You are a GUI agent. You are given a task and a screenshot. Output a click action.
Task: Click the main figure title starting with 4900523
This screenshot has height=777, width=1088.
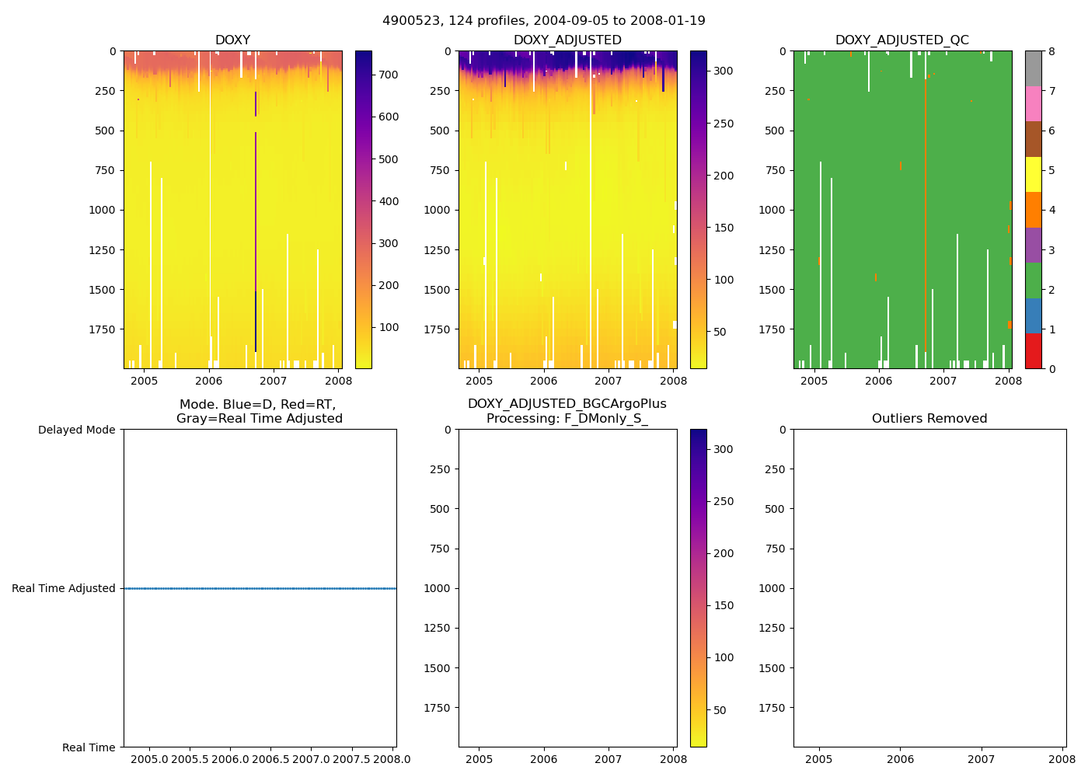(544, 21)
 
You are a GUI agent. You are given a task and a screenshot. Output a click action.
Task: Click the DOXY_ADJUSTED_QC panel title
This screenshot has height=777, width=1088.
(901, 40)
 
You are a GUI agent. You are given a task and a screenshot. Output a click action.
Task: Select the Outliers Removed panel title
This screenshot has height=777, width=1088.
(929, 419)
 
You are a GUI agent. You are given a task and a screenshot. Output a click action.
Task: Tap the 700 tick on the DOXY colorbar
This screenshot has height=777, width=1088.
(388, 75)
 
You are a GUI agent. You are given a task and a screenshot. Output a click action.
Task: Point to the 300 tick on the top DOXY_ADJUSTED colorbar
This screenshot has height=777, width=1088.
(723, 71)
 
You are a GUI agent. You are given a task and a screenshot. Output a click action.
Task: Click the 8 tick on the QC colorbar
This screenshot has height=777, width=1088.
(1051, 51)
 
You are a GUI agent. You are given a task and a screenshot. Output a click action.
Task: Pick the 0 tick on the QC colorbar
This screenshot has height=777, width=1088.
(1051, 369)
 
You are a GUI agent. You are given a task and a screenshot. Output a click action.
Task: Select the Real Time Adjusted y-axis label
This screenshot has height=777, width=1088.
(63, 589)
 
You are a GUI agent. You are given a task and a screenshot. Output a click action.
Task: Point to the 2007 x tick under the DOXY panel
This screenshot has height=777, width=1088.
(273, 381)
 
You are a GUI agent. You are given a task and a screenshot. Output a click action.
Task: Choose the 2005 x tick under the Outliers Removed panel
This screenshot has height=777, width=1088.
(818, 759)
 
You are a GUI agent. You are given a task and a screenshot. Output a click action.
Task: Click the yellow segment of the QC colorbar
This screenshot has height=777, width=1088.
(1033, 175)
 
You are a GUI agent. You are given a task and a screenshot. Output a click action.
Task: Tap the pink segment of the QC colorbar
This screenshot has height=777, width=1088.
(1033, 104)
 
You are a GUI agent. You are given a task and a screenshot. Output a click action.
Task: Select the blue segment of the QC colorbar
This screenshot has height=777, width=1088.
(1033, 316)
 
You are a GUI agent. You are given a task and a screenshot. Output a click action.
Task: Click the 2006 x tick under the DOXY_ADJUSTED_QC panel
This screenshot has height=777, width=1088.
(878, 381)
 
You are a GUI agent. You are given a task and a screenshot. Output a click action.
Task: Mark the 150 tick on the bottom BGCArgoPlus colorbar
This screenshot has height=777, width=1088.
(724, 605)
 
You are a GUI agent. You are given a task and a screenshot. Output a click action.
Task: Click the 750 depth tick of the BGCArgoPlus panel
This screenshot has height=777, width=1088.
(439, 549)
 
